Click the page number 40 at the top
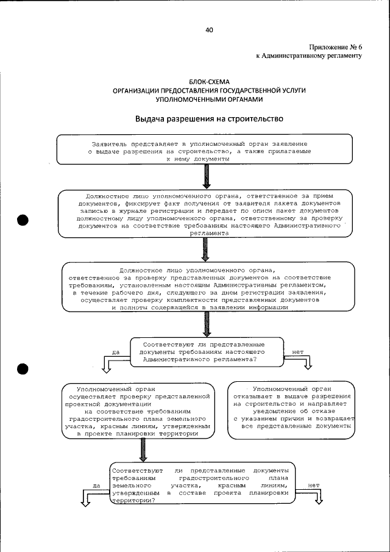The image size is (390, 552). [x=209, y=29]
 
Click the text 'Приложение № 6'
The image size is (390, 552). [x=335, y=47]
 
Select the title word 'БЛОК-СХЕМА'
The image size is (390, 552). [x=209, y=82]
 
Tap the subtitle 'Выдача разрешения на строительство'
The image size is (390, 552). [x=209, y=118]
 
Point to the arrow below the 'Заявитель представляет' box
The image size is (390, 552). [x=207, y=177]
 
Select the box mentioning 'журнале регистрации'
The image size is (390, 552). [x=205, y=213]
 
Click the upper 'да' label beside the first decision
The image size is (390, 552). [x=115, y=352]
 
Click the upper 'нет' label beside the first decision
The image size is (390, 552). [x=298, y=352]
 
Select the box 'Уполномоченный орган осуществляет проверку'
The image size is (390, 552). [x=138, y=411]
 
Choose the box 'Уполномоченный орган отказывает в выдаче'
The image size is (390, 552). [x=291, y=411]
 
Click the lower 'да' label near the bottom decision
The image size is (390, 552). [x=96, y=486]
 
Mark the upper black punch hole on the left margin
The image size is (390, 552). [x=24, y=221]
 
